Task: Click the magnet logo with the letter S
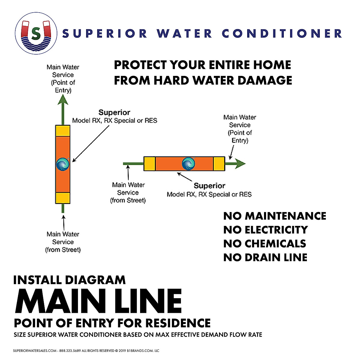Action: [x=36, y=33]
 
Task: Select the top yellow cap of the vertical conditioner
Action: [x=63, y=131]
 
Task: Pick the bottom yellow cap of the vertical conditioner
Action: [x=63, y=198]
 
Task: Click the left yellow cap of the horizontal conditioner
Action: [x=149, y=164]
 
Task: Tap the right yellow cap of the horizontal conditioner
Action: [x=219, y=164]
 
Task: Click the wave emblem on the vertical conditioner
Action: [x=63, y=164]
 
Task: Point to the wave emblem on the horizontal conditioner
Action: [x=189, y=164]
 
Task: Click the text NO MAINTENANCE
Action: [x=274, y=216]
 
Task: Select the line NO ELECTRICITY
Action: [x=265, y=230]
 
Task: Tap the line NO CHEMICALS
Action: [x=265, y=244]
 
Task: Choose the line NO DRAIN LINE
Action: [x=265, y=257]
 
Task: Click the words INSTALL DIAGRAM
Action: [x=69, y=280]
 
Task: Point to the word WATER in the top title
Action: [x=184, y=33]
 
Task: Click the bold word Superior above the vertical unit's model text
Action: [x=114, y=112]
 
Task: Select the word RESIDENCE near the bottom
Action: [x=178, y=323]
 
